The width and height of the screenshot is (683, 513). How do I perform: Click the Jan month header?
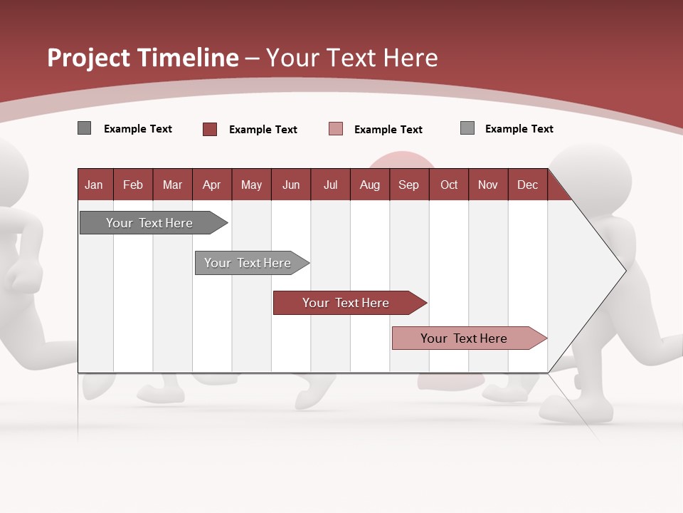94,185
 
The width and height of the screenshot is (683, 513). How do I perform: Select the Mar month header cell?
172,185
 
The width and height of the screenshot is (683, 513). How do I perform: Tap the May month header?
251,185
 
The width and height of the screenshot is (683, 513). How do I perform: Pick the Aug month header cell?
369,185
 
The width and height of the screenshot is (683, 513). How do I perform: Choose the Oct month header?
448,185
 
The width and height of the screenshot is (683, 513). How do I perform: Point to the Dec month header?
527,185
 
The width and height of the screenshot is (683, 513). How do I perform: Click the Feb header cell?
133,185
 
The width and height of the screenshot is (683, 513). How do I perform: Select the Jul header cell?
330,185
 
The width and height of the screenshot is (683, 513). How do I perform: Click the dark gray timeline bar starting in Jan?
149,223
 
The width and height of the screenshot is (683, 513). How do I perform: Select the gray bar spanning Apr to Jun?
248,263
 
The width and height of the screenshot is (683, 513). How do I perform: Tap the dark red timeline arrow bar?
346,303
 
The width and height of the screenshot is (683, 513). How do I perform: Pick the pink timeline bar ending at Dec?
464,338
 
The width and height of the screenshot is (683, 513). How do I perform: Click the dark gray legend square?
84,128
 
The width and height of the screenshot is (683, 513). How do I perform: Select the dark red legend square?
210,129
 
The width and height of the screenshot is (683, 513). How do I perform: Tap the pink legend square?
336,129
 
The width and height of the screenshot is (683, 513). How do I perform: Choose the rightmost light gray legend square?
467,128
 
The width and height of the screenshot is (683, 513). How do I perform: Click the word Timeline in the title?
187,58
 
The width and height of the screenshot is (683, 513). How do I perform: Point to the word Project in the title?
88,58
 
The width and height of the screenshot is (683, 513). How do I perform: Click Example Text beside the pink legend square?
388,130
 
